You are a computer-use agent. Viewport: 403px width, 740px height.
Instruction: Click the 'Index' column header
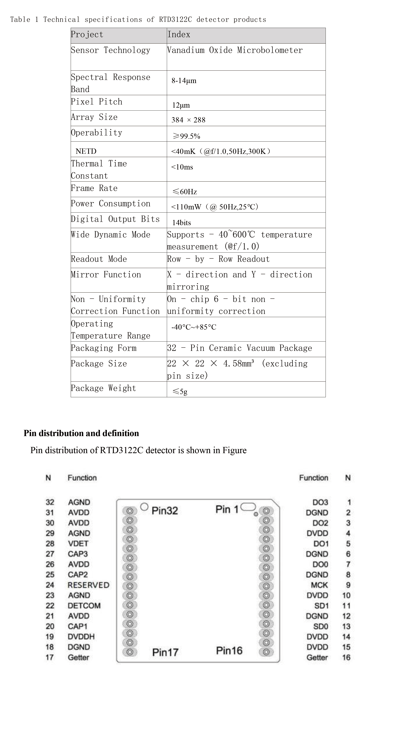point(179,35)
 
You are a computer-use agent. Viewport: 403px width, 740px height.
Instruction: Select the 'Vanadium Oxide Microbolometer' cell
point(235,50)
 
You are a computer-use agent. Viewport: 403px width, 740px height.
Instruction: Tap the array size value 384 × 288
point(188,120)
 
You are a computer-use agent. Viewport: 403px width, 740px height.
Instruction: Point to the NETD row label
point(86,151)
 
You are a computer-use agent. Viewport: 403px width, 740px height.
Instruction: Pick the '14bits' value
point(181,222)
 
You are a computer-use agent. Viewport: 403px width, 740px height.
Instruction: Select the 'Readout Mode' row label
point(99,259)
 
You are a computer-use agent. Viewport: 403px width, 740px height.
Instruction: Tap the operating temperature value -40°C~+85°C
point(194,327)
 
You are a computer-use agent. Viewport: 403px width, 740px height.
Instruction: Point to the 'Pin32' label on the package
point(165,511)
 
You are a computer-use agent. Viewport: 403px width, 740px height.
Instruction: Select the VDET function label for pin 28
point(78,544)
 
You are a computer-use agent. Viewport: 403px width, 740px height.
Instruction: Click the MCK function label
point(319,585)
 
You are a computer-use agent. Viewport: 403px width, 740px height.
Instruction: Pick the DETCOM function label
point(84,606)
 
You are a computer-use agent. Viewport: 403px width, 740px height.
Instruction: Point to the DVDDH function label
point(81,637)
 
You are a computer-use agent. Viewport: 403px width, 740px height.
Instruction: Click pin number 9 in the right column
point(348,585)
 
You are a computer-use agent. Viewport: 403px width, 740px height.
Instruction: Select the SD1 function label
point(321,606)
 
